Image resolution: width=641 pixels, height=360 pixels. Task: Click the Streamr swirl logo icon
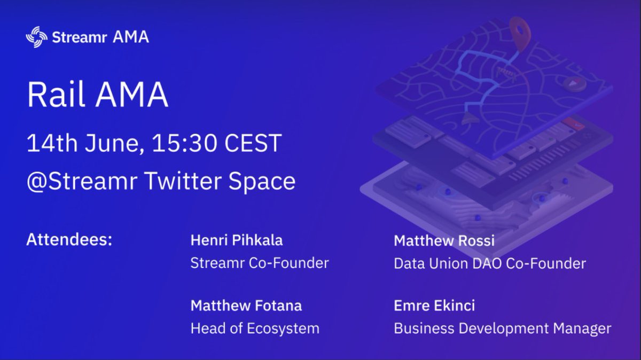coord(37,37)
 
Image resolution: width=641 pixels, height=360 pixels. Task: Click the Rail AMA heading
coord(97,95)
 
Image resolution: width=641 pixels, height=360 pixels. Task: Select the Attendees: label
coord(69,239)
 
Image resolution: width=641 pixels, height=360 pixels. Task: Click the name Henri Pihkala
coord(236,240)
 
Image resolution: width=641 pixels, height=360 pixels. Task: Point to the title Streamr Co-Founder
coord(260,263)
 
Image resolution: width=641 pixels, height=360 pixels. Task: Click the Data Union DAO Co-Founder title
coord(490,263)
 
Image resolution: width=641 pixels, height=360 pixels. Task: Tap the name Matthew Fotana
coord(246,306)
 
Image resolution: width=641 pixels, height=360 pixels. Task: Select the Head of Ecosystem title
coord(255,328)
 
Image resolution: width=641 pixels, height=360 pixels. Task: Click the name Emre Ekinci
coord(434,306)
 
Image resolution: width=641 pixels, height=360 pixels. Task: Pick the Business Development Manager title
coord(502,328)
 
